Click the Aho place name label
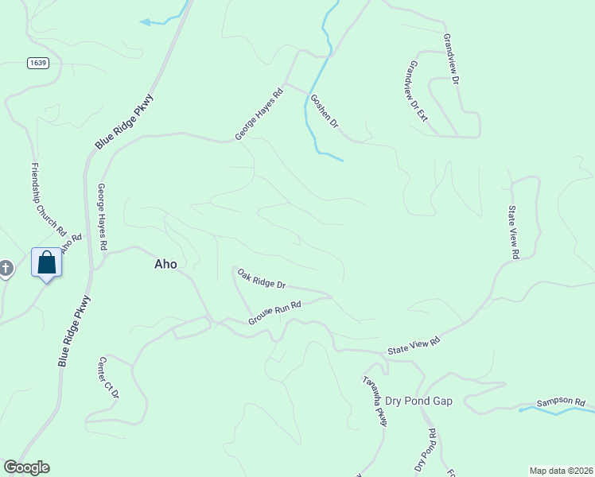165,265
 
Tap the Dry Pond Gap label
418,401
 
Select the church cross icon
6,269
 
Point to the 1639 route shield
36,62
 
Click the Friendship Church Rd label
48,199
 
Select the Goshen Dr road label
324,112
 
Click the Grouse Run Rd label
274,312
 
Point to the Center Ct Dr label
108,378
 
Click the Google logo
26,467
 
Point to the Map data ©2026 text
560,470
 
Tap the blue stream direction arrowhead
145,22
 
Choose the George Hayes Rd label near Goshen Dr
259,114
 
